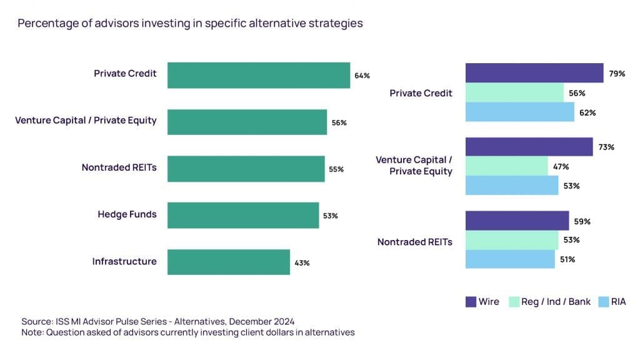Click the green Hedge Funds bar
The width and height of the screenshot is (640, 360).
[243, 215]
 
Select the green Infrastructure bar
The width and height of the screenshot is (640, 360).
[229, 262]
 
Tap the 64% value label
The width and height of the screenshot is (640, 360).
[362, 76]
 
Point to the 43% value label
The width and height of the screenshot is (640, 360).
[302, 262]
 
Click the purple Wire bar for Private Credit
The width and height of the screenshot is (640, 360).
[534, 73]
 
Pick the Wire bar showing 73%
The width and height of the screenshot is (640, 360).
[529, 147]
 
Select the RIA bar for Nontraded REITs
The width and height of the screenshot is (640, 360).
[510, 259]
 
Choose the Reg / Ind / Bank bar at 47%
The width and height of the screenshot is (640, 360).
[506, 166]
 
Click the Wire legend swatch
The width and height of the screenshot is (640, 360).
[471, 302]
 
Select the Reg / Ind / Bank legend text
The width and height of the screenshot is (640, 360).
[556, 302]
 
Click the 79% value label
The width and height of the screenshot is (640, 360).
[617, 74]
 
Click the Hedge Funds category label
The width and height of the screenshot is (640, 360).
[127, 214]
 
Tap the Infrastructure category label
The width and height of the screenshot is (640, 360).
[124, 261]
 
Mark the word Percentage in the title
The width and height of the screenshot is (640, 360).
[44, 24]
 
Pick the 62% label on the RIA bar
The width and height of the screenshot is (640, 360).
[587, 113]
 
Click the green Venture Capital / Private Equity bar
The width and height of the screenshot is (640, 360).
[247, 122]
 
